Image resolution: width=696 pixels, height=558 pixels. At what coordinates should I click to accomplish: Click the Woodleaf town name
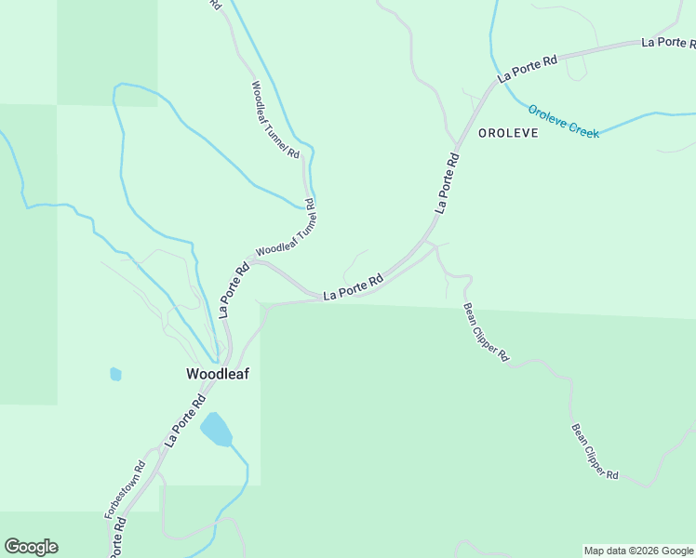pos(217,374)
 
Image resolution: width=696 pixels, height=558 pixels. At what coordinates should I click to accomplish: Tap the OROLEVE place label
pos(508,133)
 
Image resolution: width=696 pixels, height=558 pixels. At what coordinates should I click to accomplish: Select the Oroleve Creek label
pos(564,121)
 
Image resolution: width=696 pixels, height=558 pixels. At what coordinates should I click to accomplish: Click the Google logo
pos(31,547)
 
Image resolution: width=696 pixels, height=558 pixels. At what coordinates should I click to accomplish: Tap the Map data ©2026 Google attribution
pos(638,551)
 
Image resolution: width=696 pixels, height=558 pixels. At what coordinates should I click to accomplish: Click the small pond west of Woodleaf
pos(115,374)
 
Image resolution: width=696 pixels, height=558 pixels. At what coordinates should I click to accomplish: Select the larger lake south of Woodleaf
pos(216,429)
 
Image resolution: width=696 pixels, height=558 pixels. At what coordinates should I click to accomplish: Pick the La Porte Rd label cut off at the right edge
pos(668,43)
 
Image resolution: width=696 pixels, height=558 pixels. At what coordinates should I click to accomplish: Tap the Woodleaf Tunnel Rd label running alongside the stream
pos(275,119)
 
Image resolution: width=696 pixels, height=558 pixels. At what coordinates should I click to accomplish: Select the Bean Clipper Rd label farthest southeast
pos(595,452)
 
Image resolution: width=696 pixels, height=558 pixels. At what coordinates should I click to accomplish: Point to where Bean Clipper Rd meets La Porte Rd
pos(429,244)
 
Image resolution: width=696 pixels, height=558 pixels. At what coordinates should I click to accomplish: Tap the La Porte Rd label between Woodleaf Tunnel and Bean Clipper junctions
pos(354,287)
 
